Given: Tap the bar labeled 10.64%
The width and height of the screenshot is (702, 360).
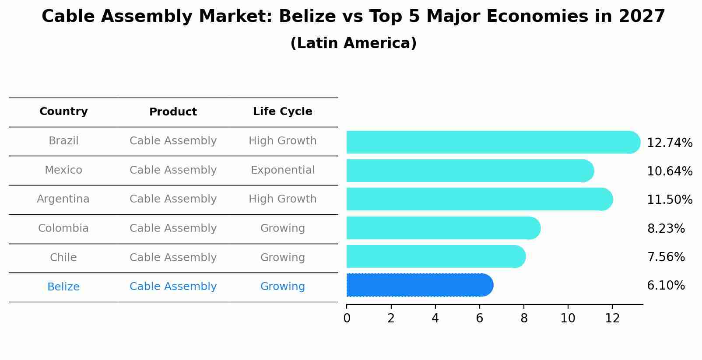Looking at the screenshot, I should coord(468,171).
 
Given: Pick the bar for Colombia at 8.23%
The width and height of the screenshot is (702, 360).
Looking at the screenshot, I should coord(442,228).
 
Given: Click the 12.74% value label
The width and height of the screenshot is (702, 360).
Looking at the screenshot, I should coord(669,143).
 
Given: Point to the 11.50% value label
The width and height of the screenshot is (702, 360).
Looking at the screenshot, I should coord(669,200).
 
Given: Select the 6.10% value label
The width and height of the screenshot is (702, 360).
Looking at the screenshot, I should coord(665,286).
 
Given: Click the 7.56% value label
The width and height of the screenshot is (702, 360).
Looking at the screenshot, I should coord(665,257).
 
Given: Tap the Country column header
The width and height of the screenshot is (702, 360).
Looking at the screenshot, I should coord(63,112).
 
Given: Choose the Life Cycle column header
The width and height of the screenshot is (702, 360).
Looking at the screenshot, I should coord(282,112).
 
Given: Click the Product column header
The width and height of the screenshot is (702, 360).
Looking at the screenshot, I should coord(173,112).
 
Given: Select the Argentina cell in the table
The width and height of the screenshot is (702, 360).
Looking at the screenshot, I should coord(63,199).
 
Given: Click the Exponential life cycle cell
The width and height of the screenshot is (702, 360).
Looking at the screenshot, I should coord(282,170).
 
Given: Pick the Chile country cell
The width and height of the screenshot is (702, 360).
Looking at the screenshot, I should coord(63,258).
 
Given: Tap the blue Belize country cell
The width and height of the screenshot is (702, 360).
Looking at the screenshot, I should coord(63,287).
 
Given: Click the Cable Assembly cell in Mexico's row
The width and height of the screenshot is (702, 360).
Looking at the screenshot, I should coord(173,170).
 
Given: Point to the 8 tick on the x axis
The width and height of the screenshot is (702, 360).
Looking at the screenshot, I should coord(523,318).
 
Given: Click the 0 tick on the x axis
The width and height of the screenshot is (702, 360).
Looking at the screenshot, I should coord(347,318).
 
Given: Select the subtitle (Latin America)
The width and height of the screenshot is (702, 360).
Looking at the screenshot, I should coord(353,43).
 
